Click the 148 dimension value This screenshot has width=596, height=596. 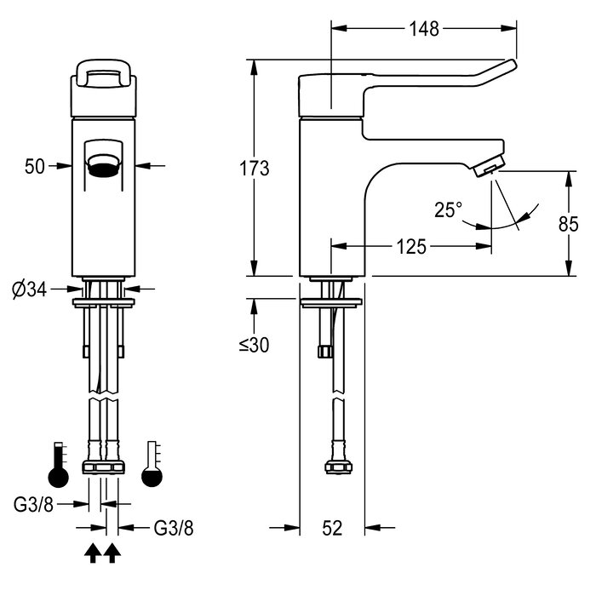[x=424, y=29]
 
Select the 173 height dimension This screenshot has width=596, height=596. [x=255, y=169]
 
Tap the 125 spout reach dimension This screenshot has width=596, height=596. [x=411, y=247]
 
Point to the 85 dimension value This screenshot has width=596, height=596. [x=568, y=224]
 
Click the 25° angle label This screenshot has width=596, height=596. [x=449, y=209]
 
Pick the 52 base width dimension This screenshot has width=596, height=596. [x=332, y=528]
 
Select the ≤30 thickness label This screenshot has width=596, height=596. [x=254, y=345]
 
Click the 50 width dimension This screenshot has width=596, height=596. [x=35, y=166]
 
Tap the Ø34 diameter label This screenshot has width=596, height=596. [x=29, y=290]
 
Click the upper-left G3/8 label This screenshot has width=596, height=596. [x=33, y=504]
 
